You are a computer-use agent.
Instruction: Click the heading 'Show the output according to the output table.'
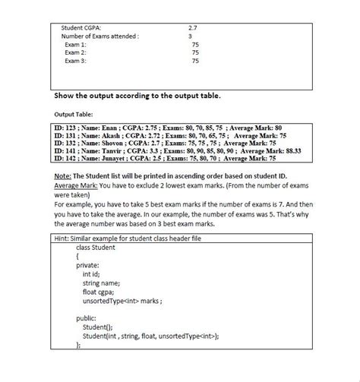(138, 96)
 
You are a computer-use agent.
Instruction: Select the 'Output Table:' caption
(73, 113)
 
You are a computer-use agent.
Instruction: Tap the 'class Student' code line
(96, 248)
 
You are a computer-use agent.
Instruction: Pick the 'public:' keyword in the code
(87, 318)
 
